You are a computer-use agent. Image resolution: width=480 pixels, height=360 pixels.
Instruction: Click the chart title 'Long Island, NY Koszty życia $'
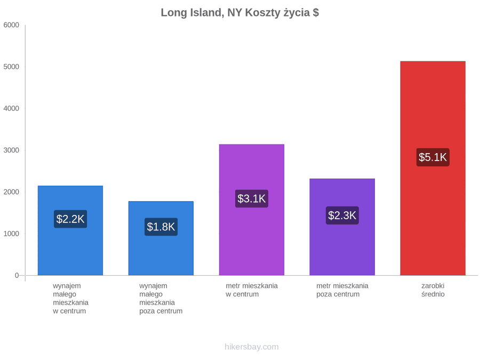click(x=239, y=13)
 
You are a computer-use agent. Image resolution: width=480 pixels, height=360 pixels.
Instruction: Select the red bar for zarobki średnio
click(x=433, y=168)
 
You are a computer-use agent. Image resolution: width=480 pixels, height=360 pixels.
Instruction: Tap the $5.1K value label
click(x=433, y=157)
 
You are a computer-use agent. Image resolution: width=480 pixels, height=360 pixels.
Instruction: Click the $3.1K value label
click(x=252, y=199)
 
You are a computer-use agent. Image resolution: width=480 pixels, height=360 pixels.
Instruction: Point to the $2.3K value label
click(x=342, y=215)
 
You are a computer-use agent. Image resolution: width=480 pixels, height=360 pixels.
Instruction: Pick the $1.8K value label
click(x=161, y=227)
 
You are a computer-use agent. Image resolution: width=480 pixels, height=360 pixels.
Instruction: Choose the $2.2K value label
click(x=70, y=219)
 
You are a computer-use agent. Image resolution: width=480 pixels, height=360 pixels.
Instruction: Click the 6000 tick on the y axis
click(x=11, y=25)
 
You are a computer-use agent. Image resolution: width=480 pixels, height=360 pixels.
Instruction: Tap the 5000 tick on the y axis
click(x=11, y=67)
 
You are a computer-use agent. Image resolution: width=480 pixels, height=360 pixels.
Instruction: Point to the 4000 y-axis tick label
click(x=11, y=108)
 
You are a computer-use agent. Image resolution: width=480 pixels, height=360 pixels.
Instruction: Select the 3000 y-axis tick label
click(x=11, y=150)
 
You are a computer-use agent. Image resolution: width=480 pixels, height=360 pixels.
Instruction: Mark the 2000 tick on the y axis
click(x=11, y=192)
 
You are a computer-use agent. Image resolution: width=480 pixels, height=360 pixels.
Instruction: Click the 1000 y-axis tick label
click(x=11, y=234)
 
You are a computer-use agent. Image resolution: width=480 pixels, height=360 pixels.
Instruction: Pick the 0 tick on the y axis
click(x=17, y=275)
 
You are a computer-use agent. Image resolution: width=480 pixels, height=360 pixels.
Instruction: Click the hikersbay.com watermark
click(x=252, y=347)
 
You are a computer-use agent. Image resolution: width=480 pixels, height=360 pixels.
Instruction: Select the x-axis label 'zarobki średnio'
click(x=433, y=290)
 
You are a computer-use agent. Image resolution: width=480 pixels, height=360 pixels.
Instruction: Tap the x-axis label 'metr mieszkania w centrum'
click(x=252, y=290)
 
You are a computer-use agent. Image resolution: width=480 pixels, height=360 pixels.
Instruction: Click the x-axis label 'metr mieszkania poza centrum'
click(x=342, y=290)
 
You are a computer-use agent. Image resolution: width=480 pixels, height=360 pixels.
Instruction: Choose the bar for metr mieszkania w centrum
click(x=252, y=210)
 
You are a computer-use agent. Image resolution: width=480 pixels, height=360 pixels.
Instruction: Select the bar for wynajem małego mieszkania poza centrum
click(x=161, y=238)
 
